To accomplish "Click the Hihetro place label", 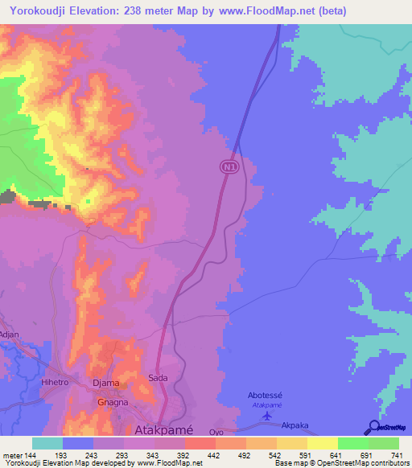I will [x=56, y=384].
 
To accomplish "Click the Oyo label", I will [x=216, y=433].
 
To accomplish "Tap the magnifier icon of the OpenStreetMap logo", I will [x=373, y=428].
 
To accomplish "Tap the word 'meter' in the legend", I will [x=11, y=456].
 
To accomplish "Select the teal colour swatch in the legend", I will [x=47, y=443].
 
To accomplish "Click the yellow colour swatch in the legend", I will [x=322, y=443].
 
